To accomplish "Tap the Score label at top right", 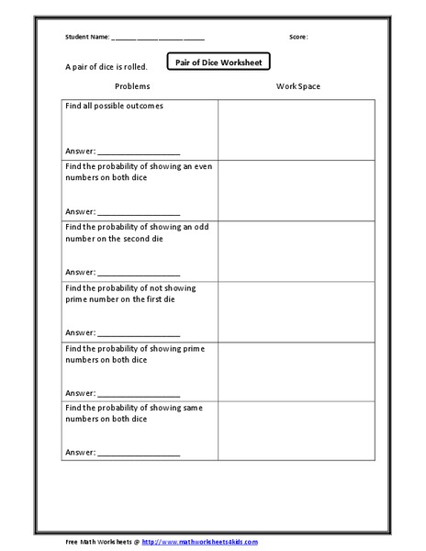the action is [298, 38].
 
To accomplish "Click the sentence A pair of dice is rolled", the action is [106, 67].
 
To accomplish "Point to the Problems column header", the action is [132, 86].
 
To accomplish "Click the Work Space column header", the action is [298, 86].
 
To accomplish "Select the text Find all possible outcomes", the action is [114, 107].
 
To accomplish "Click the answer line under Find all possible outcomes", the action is [138, 152].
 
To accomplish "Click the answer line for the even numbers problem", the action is [138, 212].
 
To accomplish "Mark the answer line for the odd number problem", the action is [138, 273].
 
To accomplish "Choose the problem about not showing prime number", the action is [129, 293].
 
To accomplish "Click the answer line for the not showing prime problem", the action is [138, 333].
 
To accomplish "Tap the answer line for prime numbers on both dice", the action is [138, 394].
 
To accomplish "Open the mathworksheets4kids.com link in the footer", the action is [200, 542].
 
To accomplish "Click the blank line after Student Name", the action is [158, 39].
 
